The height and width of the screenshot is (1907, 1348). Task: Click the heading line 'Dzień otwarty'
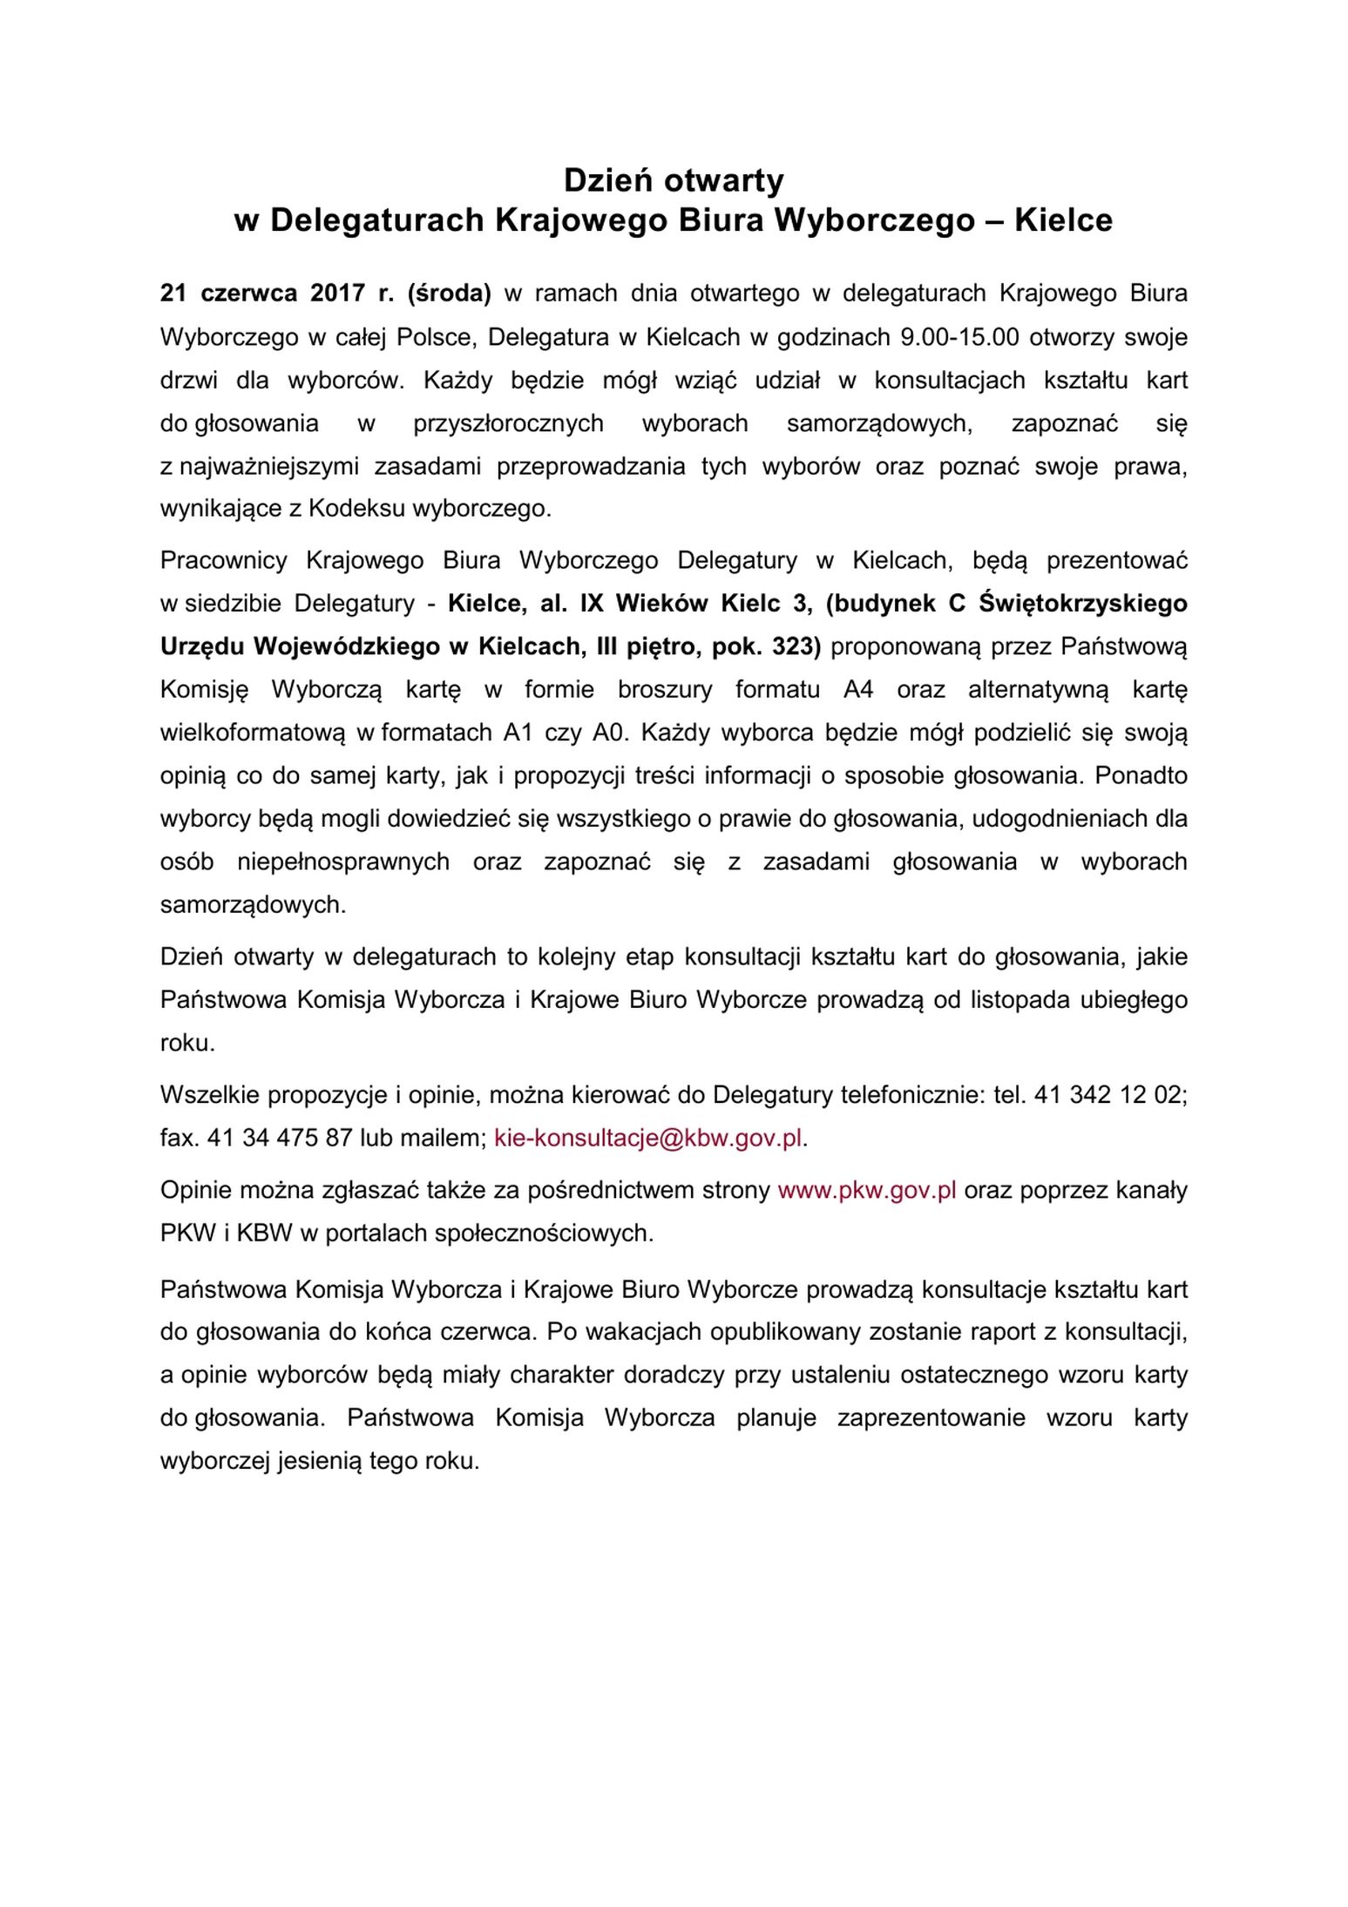[x=673, y=180]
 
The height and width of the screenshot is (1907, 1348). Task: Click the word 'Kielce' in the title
[x=1063, y=220]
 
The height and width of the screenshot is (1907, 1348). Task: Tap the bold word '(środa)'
[x=449, y=294]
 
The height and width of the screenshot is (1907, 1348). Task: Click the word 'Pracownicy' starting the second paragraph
[x=223, y=560]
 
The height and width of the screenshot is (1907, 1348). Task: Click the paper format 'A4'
[x=857, y=690]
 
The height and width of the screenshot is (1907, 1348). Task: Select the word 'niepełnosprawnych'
[x=343, y=862]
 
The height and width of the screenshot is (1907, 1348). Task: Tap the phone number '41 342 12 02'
[x=1108, y=1095]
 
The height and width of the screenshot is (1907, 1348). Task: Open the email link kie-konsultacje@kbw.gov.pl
[x=647, y=1138]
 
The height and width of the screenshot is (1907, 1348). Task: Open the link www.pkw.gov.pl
[x=867, y=1190]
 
